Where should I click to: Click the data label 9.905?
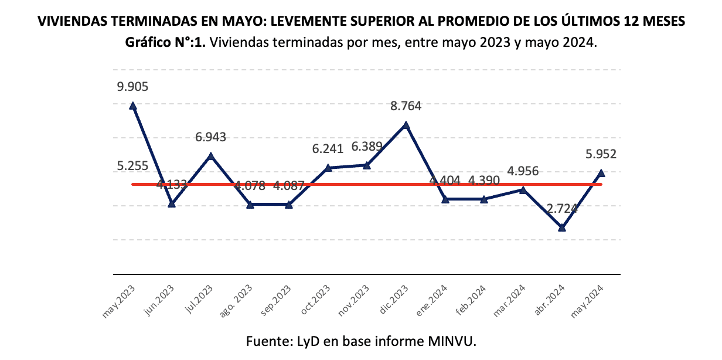click(x=132, y=87)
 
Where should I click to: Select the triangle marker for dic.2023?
click(x=406, y=125)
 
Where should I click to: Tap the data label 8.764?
click(x=406, y=106)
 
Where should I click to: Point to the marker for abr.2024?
click(x=562, y=227)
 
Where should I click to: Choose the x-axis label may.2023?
click(x=121, y=301)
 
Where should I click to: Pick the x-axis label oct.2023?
click(x=316, y=301)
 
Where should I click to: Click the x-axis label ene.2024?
click(x=433, y=301)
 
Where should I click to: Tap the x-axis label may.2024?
click(x=589, y=301)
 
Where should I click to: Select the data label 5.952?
click(x=601, y=155)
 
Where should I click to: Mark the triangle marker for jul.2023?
click(x=211, y=156)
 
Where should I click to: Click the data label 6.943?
click(x=211, y=137)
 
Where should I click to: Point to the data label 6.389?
click(x=367, y=147)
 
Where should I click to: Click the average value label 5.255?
click(x=132, y=166)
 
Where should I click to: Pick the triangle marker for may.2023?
click(x=133, y=106)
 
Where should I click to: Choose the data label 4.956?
click(x=523, y=171)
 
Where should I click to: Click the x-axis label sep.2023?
click(x=277, y=301)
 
